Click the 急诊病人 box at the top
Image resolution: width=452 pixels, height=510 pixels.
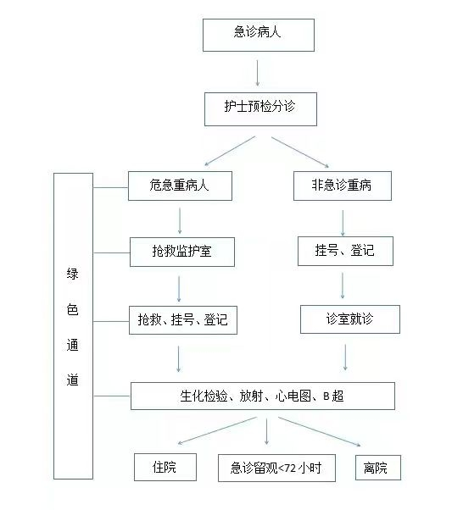click(259, 35)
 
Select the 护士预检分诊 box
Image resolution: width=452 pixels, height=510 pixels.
click(260, 109)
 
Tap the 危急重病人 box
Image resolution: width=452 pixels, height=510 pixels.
click(180, 186)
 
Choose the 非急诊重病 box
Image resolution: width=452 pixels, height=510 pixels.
click(343, 186)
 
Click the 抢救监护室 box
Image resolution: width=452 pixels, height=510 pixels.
click(182, 252)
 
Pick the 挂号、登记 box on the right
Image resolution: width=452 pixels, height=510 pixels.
click(345, 251)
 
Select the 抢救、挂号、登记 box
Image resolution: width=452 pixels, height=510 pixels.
click(183, 320)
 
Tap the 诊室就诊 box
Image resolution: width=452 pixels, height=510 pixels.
click(350, 319)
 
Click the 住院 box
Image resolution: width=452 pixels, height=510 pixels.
click(165, 467)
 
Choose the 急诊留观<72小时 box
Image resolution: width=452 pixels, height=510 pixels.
click(276, 468)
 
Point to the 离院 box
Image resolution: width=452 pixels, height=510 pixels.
click(378, 468)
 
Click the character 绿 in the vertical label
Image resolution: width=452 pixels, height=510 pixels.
click(72, 274)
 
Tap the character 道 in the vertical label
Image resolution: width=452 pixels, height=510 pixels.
click(72, 380)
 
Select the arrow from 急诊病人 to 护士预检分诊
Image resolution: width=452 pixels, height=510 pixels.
click(258, 73)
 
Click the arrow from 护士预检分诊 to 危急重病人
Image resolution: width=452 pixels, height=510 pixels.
click(230, 151)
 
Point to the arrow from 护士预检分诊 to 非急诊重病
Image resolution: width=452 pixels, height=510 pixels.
click(300, 152)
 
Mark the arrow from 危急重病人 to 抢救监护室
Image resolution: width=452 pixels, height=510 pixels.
click(180, 221)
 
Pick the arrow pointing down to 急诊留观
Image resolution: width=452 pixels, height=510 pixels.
click(267, 431)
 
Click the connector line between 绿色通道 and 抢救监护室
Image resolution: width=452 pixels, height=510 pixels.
click(112, 252)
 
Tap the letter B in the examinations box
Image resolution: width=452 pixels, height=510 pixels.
click(326, 396)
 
